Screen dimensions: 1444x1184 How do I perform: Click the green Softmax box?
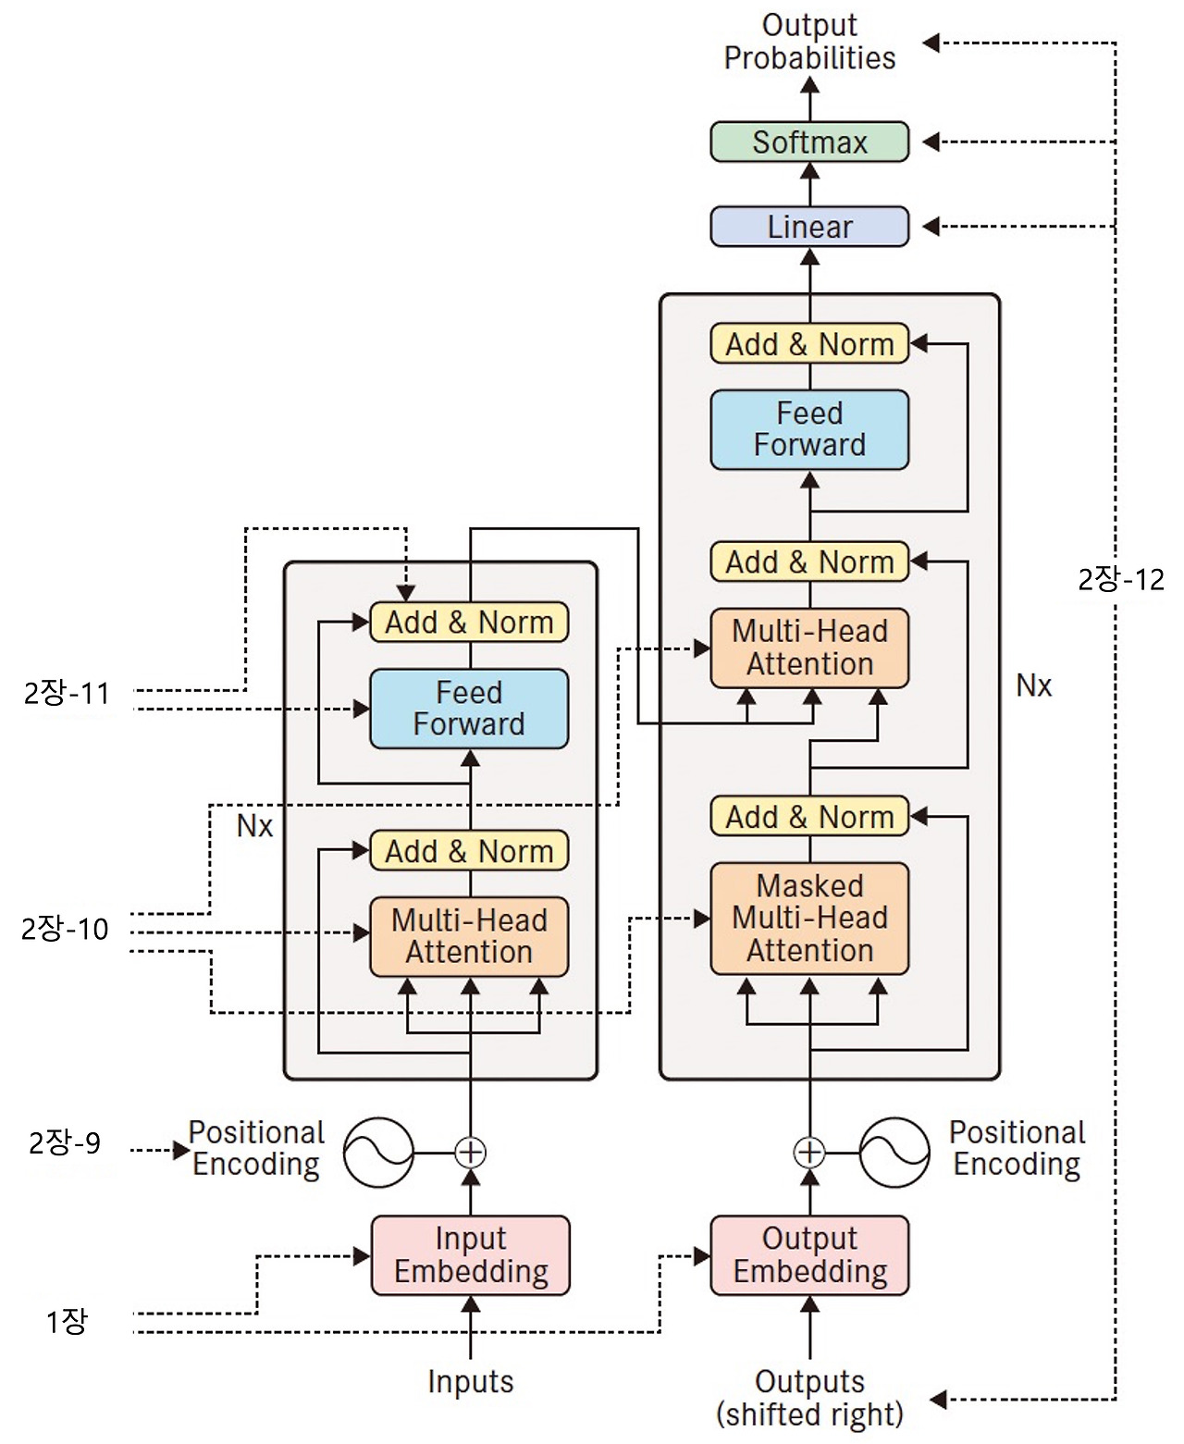[x=809, y=142]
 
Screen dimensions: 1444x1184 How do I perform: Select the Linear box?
[x=809, y=227]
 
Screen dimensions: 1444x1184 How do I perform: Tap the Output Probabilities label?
[x=809, y=42]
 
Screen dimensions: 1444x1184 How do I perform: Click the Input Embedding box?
[x=470, y=1254]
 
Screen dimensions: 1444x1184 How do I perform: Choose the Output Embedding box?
[x=809, y=1254]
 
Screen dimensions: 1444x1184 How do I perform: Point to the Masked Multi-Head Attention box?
[x=809, y=918]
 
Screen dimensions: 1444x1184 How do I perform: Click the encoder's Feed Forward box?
[x=469, y=709]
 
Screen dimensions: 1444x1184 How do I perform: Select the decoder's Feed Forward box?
[x=809, y=429]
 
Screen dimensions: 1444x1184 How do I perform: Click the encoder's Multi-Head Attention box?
[x=469, y=936]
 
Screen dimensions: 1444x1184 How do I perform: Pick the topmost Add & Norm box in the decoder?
[x=809, y=344]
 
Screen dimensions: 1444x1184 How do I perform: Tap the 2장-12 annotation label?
[x=1120, y=580]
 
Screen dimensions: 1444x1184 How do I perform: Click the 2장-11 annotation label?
[x=67, y=694]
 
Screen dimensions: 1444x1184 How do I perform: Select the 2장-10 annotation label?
[x=65, y=929]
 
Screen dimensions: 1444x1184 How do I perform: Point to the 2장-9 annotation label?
[x=65, y=1143]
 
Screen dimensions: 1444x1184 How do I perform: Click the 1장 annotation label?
[x=67, y=1322]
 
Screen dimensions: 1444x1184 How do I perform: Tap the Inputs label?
[x=470, y=1381]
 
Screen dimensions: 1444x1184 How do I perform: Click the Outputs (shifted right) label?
[x=809, y=1398]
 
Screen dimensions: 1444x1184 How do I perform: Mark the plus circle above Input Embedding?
[x=470, y=1152]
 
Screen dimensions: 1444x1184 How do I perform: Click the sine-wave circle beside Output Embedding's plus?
[x=894, y=1152]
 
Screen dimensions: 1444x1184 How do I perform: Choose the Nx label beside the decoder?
[x=1033, y=685]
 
